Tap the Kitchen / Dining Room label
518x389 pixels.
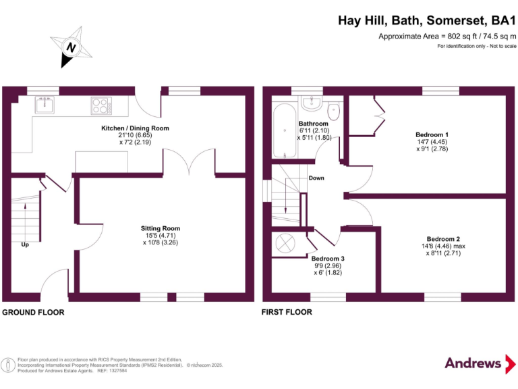135,128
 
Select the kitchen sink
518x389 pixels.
44,104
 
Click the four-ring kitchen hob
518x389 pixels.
100,105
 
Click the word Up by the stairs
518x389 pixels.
26,244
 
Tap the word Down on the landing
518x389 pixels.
316,178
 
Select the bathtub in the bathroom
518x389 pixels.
284,131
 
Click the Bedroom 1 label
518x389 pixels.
432,134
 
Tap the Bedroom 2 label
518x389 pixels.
444,239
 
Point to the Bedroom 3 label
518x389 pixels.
328,259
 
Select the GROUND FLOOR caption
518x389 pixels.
33,312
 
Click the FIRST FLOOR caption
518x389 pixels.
287,312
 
